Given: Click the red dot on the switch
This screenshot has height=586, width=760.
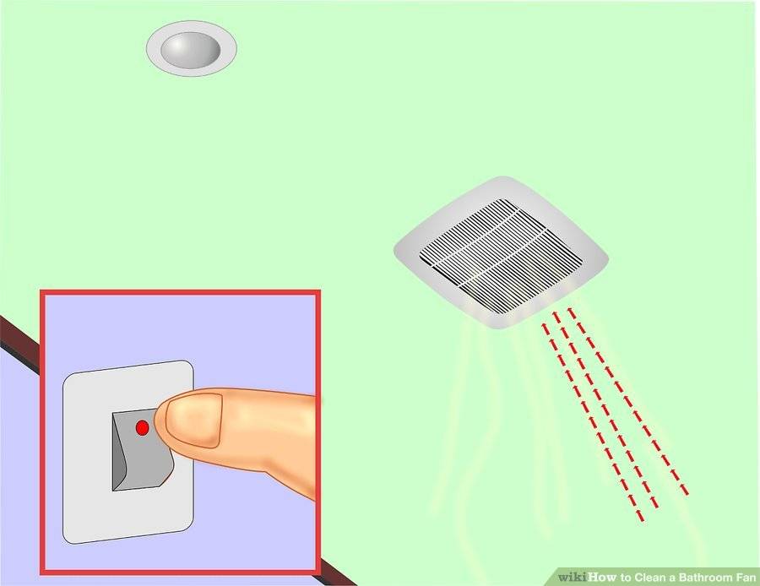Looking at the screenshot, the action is click(x=142, y=427).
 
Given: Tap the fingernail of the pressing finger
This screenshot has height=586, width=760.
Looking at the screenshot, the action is click(x=193, y=420).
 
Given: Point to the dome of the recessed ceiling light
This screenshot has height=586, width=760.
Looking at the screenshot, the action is click(x=191, y=49).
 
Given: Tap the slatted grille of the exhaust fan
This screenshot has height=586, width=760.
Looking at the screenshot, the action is click(x=502, y=255).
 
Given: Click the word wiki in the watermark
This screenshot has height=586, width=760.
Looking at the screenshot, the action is click(x=573, y=577).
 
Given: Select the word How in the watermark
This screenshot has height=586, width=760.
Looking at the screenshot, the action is click(x=602, y=577).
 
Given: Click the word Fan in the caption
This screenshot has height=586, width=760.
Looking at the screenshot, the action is click(x=746, y=578).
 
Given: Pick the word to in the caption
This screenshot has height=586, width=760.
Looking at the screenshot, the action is click(x=626, y=578).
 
